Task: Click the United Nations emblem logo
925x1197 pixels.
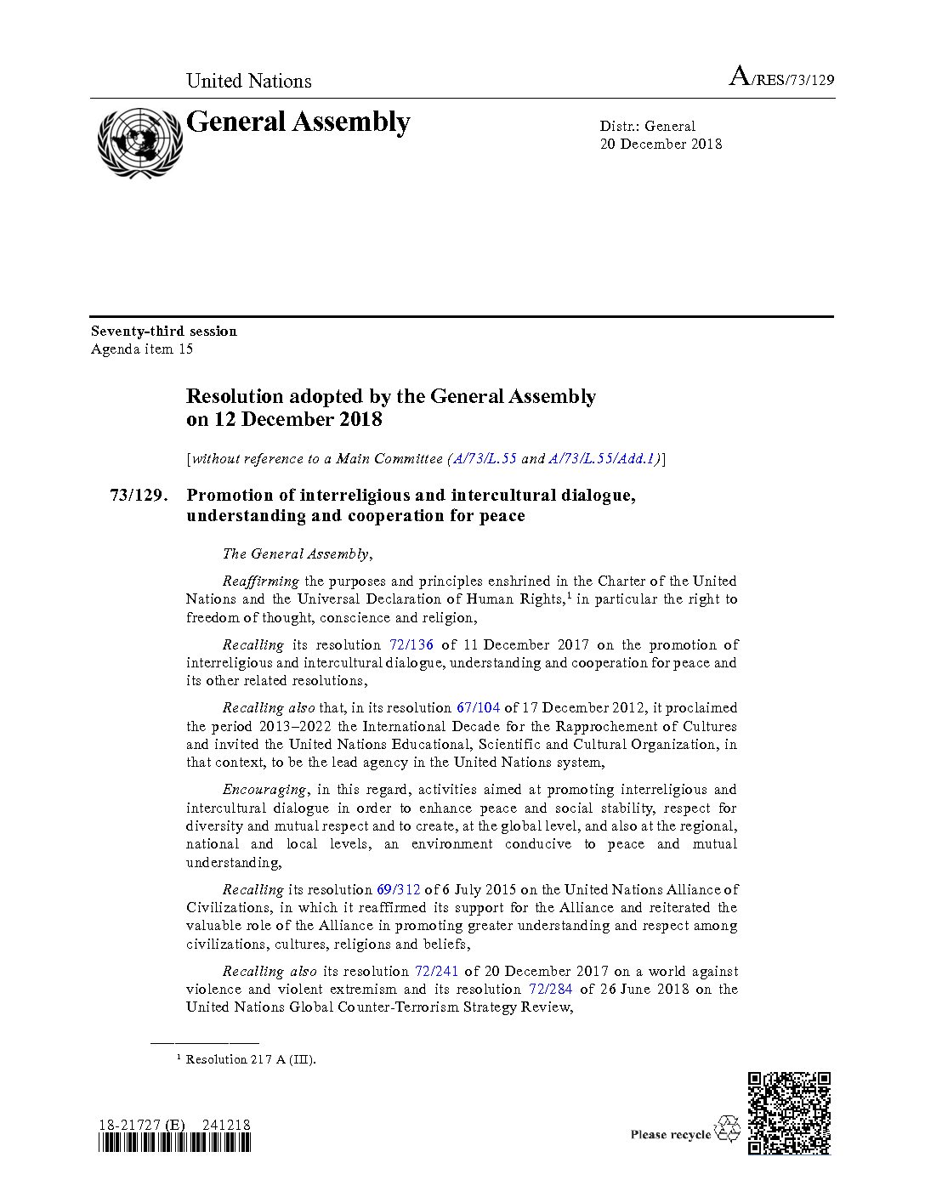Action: [139, 142]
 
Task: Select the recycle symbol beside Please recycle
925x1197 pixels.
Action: [729, 1130]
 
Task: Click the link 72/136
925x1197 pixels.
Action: [411, 644]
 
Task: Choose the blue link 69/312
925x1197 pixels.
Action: [398, 889]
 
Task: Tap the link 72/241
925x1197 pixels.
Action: [436, 971]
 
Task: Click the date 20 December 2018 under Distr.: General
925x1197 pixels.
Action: [661, 144]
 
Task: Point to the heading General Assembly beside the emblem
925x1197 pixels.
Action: [298, 122]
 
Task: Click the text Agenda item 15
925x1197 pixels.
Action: [142, 349]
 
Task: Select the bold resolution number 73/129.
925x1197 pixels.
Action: [136, 495]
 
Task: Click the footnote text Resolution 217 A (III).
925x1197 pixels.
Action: [250, 1059]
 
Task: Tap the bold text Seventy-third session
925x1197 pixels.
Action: [164, 331]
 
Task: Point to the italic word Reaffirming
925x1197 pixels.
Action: [260, 581]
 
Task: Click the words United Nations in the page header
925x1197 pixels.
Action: [248, 81]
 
